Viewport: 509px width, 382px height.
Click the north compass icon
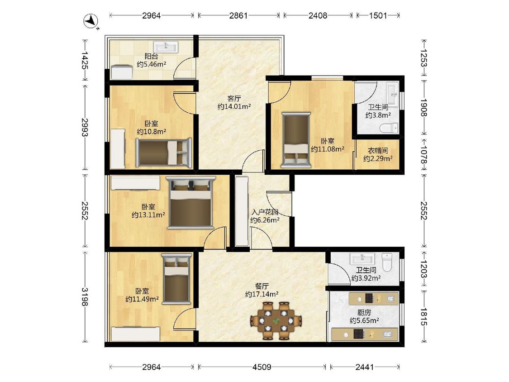[x=91, y=21]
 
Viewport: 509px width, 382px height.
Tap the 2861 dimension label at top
[x=238, y=15]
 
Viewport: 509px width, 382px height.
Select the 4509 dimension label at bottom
[x=262, y=367]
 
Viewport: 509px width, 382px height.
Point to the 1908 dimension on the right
[x=424, y=108]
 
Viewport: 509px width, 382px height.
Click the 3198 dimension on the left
[x=85, y=296]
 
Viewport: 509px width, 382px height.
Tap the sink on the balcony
[x=166, y=47]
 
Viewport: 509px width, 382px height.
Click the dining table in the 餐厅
[x=276, y=321]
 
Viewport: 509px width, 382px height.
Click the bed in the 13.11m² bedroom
[x=191, y=203]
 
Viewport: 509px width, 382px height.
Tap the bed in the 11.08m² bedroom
[x=296, y=140]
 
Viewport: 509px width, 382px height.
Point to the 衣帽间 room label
[x=378, y=151]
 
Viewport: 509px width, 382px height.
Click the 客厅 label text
[x=234, y=98]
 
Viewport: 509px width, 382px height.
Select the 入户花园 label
[x=265, y=212]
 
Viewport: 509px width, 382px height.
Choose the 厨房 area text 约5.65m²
[x=364, y=320]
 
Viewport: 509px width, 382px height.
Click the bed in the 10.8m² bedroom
[x=164, y=153]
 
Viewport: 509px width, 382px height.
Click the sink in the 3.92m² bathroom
[x=362, y=259]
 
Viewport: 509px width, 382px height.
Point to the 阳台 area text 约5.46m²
[x=152, y=64]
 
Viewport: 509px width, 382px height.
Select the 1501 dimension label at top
[x=378, y=15]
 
